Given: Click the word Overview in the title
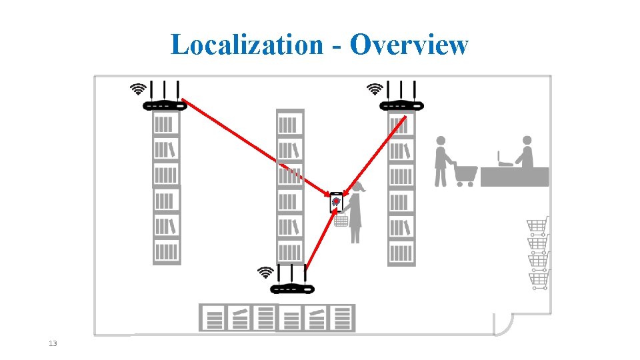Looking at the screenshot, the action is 409,45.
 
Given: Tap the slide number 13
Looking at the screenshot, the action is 53,343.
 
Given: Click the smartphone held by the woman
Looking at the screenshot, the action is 337,201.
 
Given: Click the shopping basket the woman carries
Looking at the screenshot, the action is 341,220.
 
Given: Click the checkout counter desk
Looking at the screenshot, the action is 515,177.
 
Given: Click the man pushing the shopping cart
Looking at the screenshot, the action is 441,161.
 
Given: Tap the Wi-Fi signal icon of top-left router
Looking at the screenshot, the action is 138,89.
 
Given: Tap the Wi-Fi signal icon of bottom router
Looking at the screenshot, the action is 265,272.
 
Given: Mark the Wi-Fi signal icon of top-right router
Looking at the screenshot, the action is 375,89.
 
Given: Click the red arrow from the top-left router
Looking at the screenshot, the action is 253,147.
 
